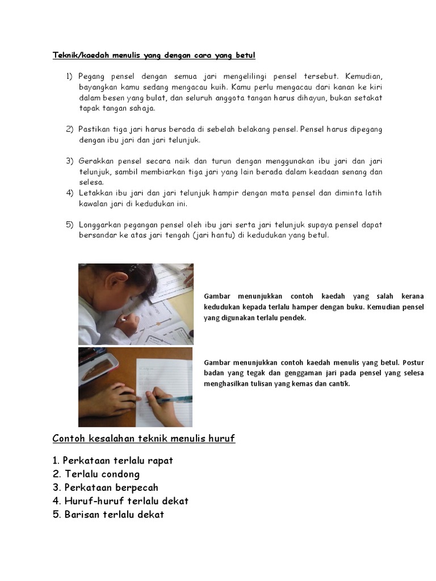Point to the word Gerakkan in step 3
(x=96, y=161)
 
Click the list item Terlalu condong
(x=102, y=474)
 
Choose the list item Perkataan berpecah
(x=111, y=487)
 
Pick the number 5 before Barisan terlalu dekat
(x=56, y=515)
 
